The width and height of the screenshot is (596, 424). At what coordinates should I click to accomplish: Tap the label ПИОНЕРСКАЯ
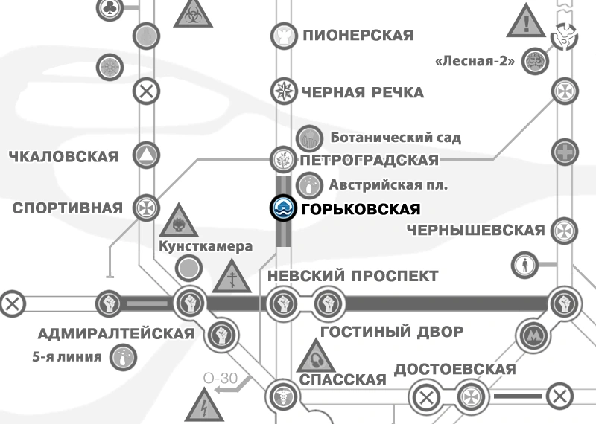357,34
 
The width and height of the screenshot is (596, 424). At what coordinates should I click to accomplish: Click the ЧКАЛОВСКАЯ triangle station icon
146,155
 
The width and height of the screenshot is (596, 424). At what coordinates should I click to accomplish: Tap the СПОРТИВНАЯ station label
67,208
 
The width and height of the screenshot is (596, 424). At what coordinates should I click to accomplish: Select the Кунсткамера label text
206,246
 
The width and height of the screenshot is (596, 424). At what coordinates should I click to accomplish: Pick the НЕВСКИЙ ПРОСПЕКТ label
352,276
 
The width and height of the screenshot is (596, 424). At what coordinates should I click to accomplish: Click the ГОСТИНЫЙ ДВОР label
391,332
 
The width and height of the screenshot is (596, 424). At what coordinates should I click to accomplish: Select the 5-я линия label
67,356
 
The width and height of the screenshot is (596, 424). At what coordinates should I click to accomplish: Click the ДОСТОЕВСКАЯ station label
454,370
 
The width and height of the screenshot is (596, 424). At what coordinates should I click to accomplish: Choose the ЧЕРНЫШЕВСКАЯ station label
475,230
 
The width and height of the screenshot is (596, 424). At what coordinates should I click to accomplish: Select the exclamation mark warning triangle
527,22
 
